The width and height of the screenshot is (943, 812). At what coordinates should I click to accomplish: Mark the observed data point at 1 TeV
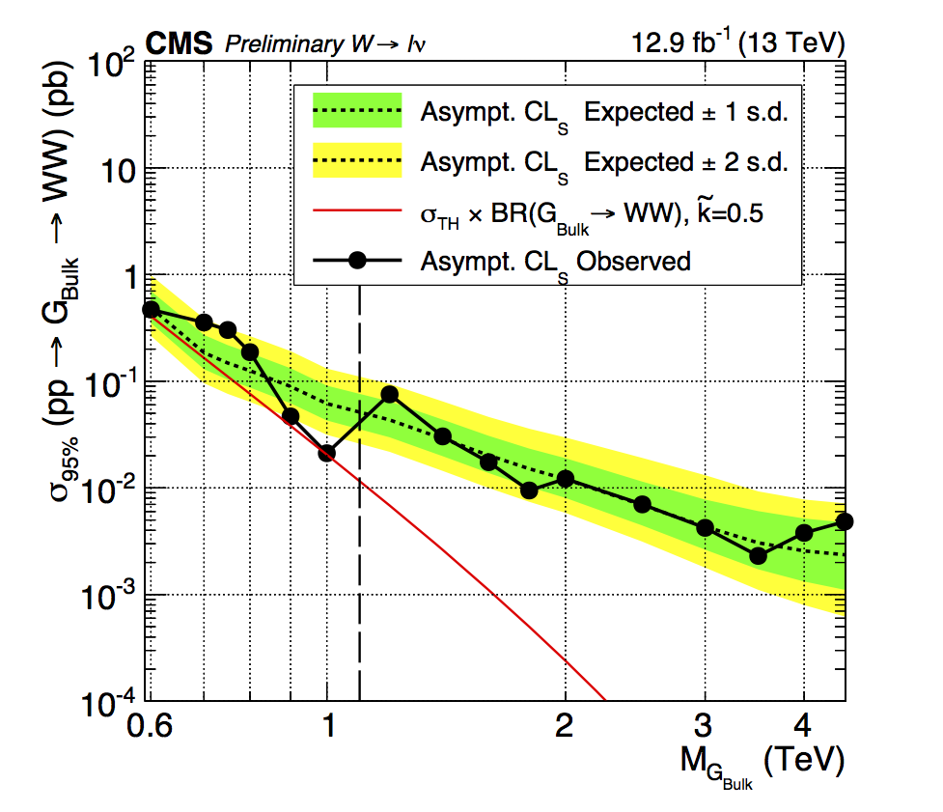click(327, 453)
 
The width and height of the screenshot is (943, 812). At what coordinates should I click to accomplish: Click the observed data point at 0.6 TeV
click(151, 310)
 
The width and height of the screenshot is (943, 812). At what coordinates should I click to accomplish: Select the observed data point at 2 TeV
click(566, 479)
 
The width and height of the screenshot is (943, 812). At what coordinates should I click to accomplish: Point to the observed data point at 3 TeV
click(705, 527)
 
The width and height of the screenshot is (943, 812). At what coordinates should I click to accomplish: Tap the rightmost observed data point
click(845, 521)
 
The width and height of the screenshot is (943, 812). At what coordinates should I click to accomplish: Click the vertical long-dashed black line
click(360, 579)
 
